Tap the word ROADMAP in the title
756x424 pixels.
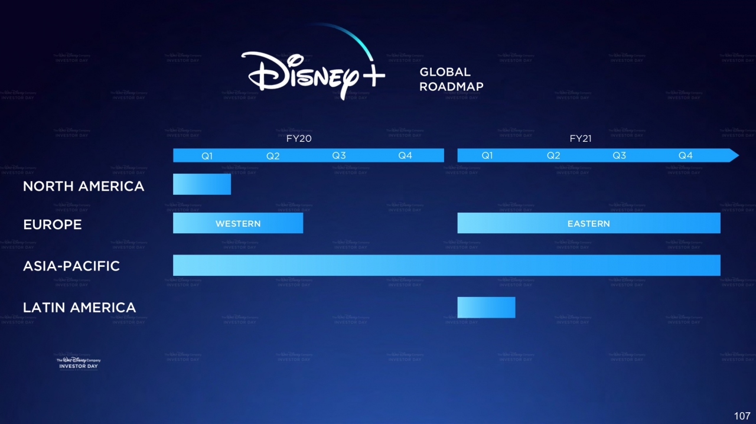451,87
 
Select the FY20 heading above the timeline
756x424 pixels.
295,139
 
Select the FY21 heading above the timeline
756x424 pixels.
580,139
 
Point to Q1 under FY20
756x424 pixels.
207,156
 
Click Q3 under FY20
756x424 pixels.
339,156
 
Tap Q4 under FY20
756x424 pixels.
405,156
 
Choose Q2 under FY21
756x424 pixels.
553,156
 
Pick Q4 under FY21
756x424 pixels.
685,156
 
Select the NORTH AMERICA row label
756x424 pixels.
83,187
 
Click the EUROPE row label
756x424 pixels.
53,225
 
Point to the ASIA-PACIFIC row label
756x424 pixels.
71,266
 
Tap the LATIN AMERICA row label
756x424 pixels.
79,308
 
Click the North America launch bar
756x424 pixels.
201,184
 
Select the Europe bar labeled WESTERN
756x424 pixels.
238,223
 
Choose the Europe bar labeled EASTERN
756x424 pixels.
588,223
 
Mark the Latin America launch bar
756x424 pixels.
486,308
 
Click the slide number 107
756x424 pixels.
742,416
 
